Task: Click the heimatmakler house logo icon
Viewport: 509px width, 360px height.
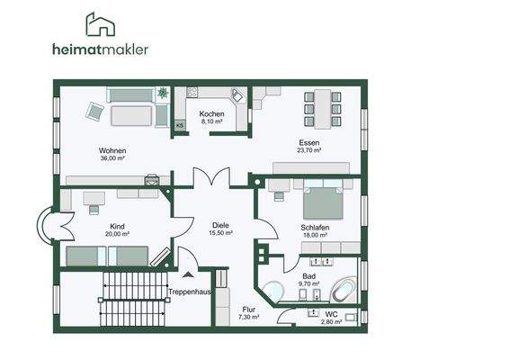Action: tap(101, 24)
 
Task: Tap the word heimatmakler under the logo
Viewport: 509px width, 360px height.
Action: tap(101, 49)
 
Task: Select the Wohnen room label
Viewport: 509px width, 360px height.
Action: tap(112, 151)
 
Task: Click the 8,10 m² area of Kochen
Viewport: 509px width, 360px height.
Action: tap(211, 121)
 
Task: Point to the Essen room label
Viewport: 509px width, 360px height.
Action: tap(309, 142)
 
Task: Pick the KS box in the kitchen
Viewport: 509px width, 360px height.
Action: tap(180, 125)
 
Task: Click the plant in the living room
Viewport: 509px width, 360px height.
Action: tap(162, 93)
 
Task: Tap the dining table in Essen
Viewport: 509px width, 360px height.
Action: tap(323, 109)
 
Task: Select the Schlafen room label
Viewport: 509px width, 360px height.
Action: tap(315, 228)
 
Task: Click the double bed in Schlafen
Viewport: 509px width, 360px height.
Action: tap(323, 199)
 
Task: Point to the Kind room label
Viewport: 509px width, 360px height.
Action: tap(117, 226)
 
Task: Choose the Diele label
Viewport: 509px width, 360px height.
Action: tap(220, 225)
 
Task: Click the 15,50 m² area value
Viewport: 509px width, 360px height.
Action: tap(220, 233)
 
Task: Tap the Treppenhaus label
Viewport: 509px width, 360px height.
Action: tap(190, 292)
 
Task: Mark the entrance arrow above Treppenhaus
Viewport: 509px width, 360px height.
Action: tap(188, 274)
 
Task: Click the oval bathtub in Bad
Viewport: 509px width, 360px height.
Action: tap(344, 291)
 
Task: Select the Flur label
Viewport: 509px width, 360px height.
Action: tap(249, 310)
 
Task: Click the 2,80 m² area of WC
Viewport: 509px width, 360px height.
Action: tap(332, 322)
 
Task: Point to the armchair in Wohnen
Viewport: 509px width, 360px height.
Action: tap(94, 112)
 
